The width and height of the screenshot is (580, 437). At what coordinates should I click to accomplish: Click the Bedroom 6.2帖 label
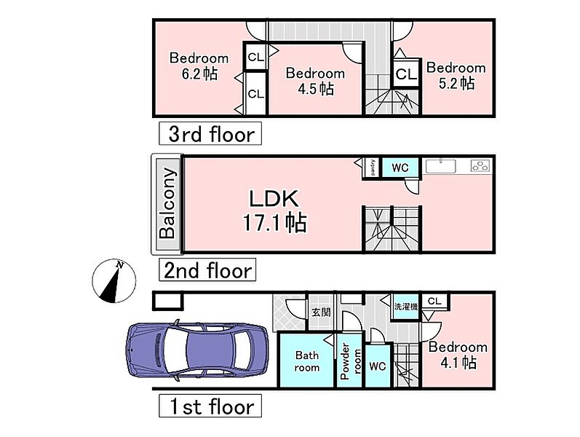point(199,66)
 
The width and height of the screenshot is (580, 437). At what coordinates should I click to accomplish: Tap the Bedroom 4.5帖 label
point(315,81)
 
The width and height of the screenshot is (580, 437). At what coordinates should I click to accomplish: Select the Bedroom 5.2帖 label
point(456,76)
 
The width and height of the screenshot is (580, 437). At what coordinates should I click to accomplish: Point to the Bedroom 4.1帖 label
point(458,355)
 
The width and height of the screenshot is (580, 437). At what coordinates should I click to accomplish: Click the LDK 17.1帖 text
point(274,210)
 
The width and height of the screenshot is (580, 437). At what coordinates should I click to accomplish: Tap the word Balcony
point(167,203)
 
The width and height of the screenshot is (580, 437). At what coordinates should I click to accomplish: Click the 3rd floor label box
point(210,133)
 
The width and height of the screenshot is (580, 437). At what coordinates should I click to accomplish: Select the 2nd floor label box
point(207,269)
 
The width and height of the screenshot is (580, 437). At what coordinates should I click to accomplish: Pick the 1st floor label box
point(210,406)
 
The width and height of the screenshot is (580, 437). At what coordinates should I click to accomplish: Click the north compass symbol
point(114,280)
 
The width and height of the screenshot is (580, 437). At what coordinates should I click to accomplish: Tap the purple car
point(197,350)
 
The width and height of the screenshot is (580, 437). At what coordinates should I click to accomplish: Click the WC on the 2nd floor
point(400,168)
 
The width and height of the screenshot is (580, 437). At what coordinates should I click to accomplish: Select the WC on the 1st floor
point(378,366)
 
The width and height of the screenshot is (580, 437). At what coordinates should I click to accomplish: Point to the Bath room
point(306,361)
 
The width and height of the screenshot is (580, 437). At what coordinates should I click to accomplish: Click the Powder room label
point(350,361)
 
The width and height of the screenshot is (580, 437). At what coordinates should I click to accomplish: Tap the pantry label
point(373,168)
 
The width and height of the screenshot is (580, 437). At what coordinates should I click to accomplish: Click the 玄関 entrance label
point(321,312)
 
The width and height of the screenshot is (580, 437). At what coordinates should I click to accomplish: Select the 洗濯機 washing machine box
point(406,307)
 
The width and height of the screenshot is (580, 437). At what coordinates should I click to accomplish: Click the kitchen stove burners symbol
point(480,165)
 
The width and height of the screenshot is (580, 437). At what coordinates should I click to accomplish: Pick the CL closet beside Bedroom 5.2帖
point(406,74)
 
